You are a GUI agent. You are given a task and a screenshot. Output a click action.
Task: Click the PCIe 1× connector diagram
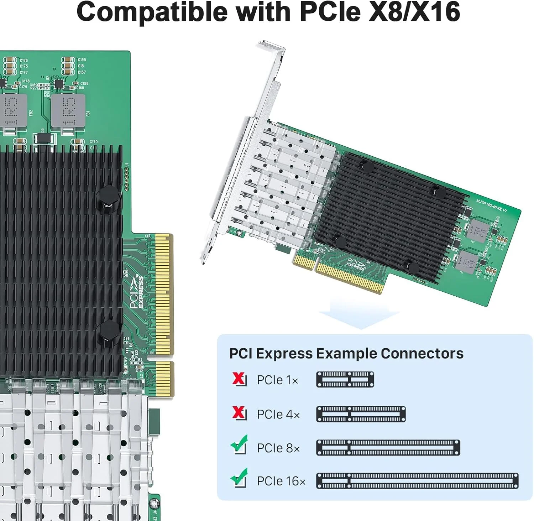(345, 380)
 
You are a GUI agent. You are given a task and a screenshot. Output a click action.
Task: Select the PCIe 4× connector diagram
(361, 414)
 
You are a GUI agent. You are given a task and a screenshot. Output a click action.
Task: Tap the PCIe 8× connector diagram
(388, 448)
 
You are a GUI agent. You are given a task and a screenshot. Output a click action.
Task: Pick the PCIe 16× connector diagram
(417, 481)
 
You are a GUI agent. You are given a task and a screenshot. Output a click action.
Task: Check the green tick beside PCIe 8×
(239, 444)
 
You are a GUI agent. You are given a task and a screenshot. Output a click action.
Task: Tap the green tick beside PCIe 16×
(239, 478)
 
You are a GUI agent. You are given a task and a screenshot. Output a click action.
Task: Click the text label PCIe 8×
(278, 448)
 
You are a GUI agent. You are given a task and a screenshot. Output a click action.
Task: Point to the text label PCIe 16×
(281, 481)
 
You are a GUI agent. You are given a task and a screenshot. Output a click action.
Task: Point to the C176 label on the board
(24, 61)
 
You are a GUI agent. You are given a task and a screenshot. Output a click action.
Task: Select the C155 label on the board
(82, 60)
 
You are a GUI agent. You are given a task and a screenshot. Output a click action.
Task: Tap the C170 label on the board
(93, 142)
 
